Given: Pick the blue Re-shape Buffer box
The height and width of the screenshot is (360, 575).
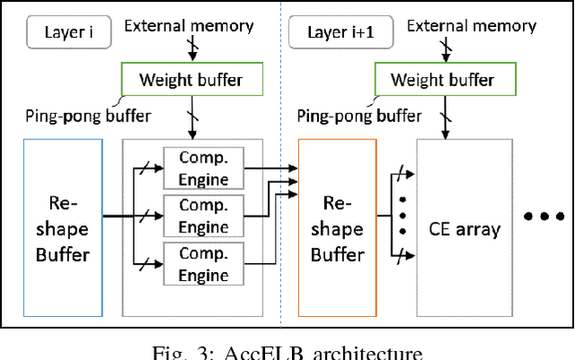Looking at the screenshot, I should tap(62, 228).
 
